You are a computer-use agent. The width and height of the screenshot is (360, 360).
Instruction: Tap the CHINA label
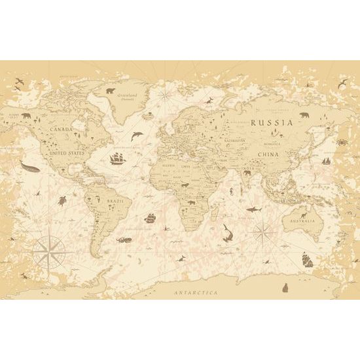(x=268, y=154)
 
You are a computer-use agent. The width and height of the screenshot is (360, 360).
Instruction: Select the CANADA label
(x=61, y=128)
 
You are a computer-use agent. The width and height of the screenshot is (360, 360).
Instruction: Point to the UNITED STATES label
(x=68, y=153)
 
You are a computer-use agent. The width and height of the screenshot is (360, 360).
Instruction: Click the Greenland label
(x=127, y=94)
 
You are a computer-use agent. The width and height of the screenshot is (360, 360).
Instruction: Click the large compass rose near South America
(x=46, y=249)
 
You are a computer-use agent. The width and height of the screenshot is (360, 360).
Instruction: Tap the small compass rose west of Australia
(x=263, y=230)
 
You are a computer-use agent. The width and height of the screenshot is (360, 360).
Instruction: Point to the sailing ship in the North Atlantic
(x=117, y=158)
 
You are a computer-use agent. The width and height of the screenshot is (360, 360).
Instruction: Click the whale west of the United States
(x=29, y=168)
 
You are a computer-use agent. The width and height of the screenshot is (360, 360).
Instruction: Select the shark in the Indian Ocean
(x=253, y=208)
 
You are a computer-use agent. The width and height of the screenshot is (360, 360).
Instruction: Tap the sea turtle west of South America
(x=62, y=200)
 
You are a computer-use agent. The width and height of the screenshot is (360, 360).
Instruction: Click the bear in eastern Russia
(x=304, y=116)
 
